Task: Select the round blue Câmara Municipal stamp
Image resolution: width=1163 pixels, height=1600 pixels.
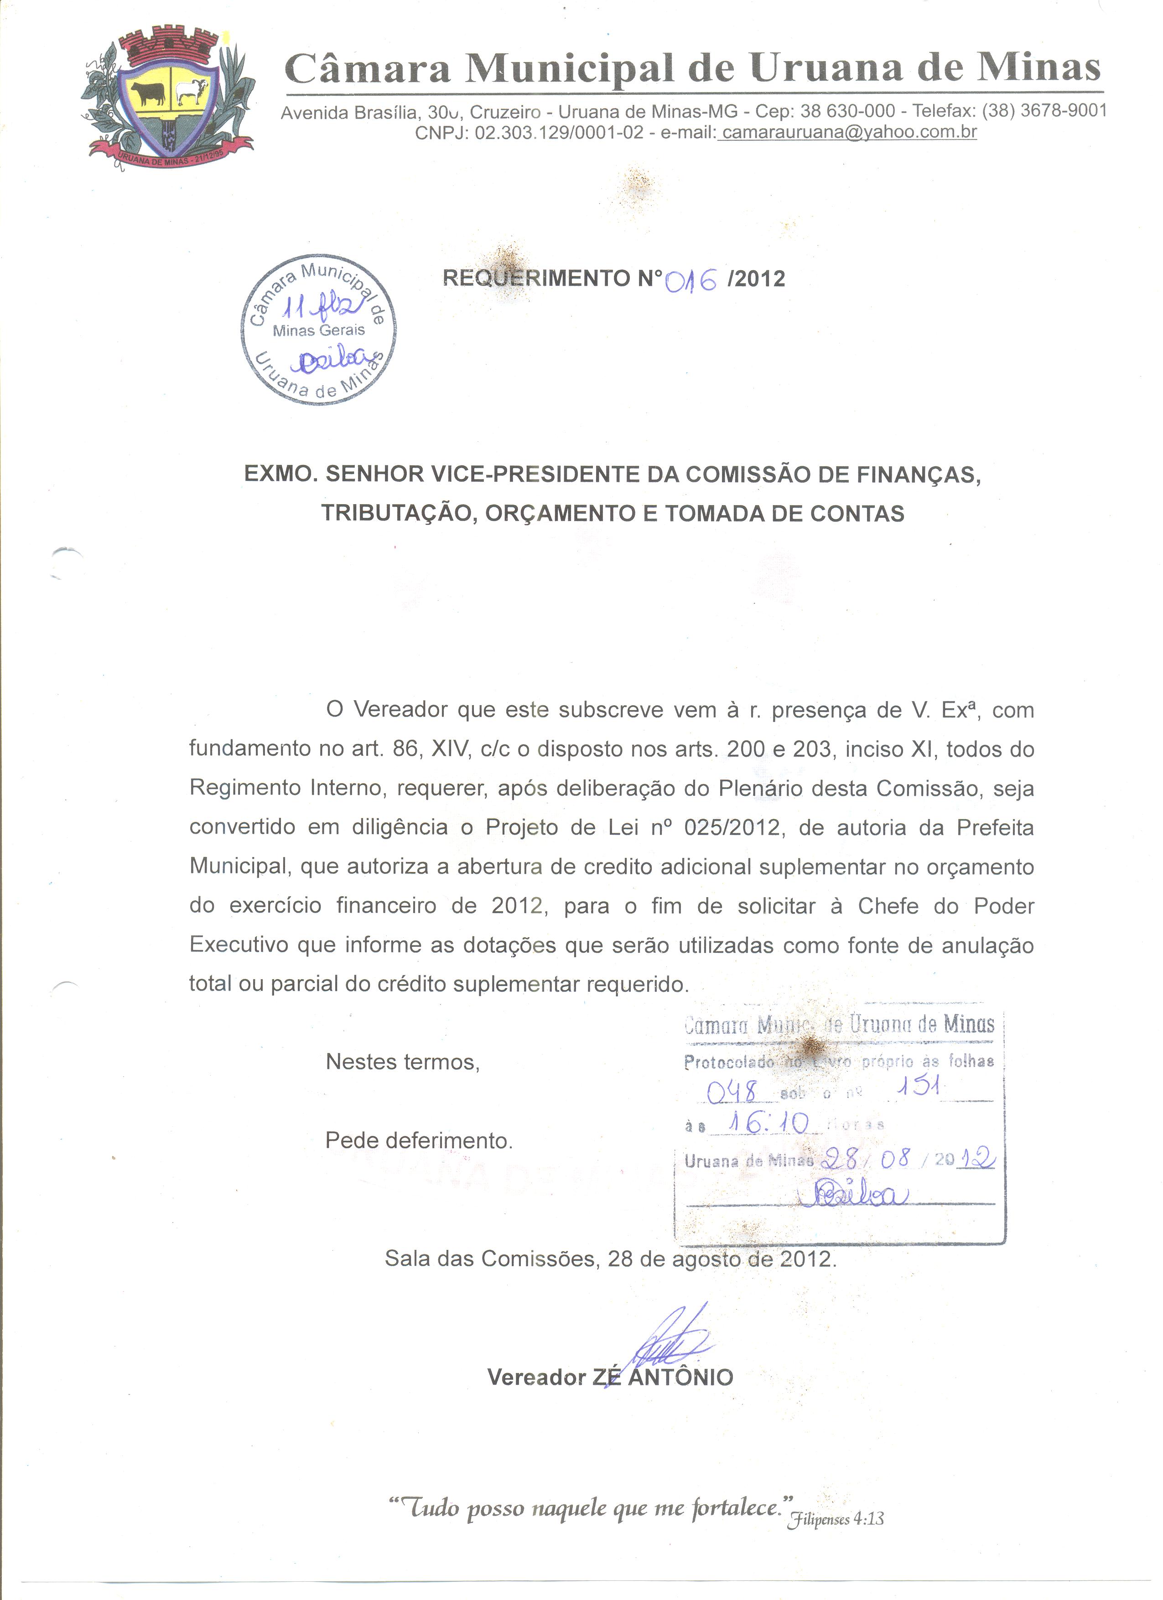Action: click(x=318, y=330)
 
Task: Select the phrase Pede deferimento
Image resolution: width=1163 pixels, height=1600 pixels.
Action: click(x=419, y=1141)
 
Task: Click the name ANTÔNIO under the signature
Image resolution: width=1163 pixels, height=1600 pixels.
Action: click(x=680, y=1377)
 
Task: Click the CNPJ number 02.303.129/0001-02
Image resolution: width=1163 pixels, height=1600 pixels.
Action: click(x=559, y=133)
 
